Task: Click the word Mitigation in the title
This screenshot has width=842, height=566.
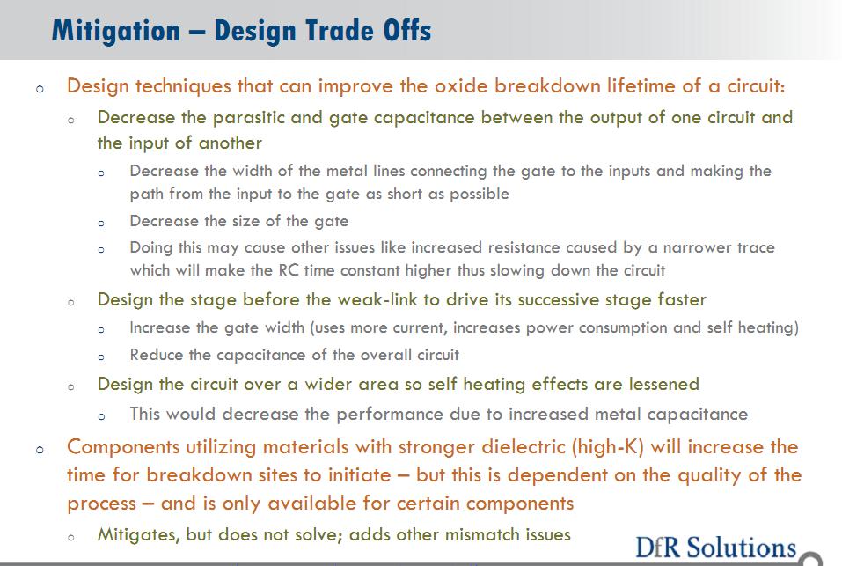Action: (x=115, y=31)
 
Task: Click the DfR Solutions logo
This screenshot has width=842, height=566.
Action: (x=716, y=548)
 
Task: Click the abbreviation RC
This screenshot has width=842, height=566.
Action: (x=289, y=269)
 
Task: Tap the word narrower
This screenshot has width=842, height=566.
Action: (x=697, y=247)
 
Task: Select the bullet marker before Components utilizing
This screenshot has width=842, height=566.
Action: (x=40, y=450)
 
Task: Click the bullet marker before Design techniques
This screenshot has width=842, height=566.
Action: (x=40, y=89)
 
